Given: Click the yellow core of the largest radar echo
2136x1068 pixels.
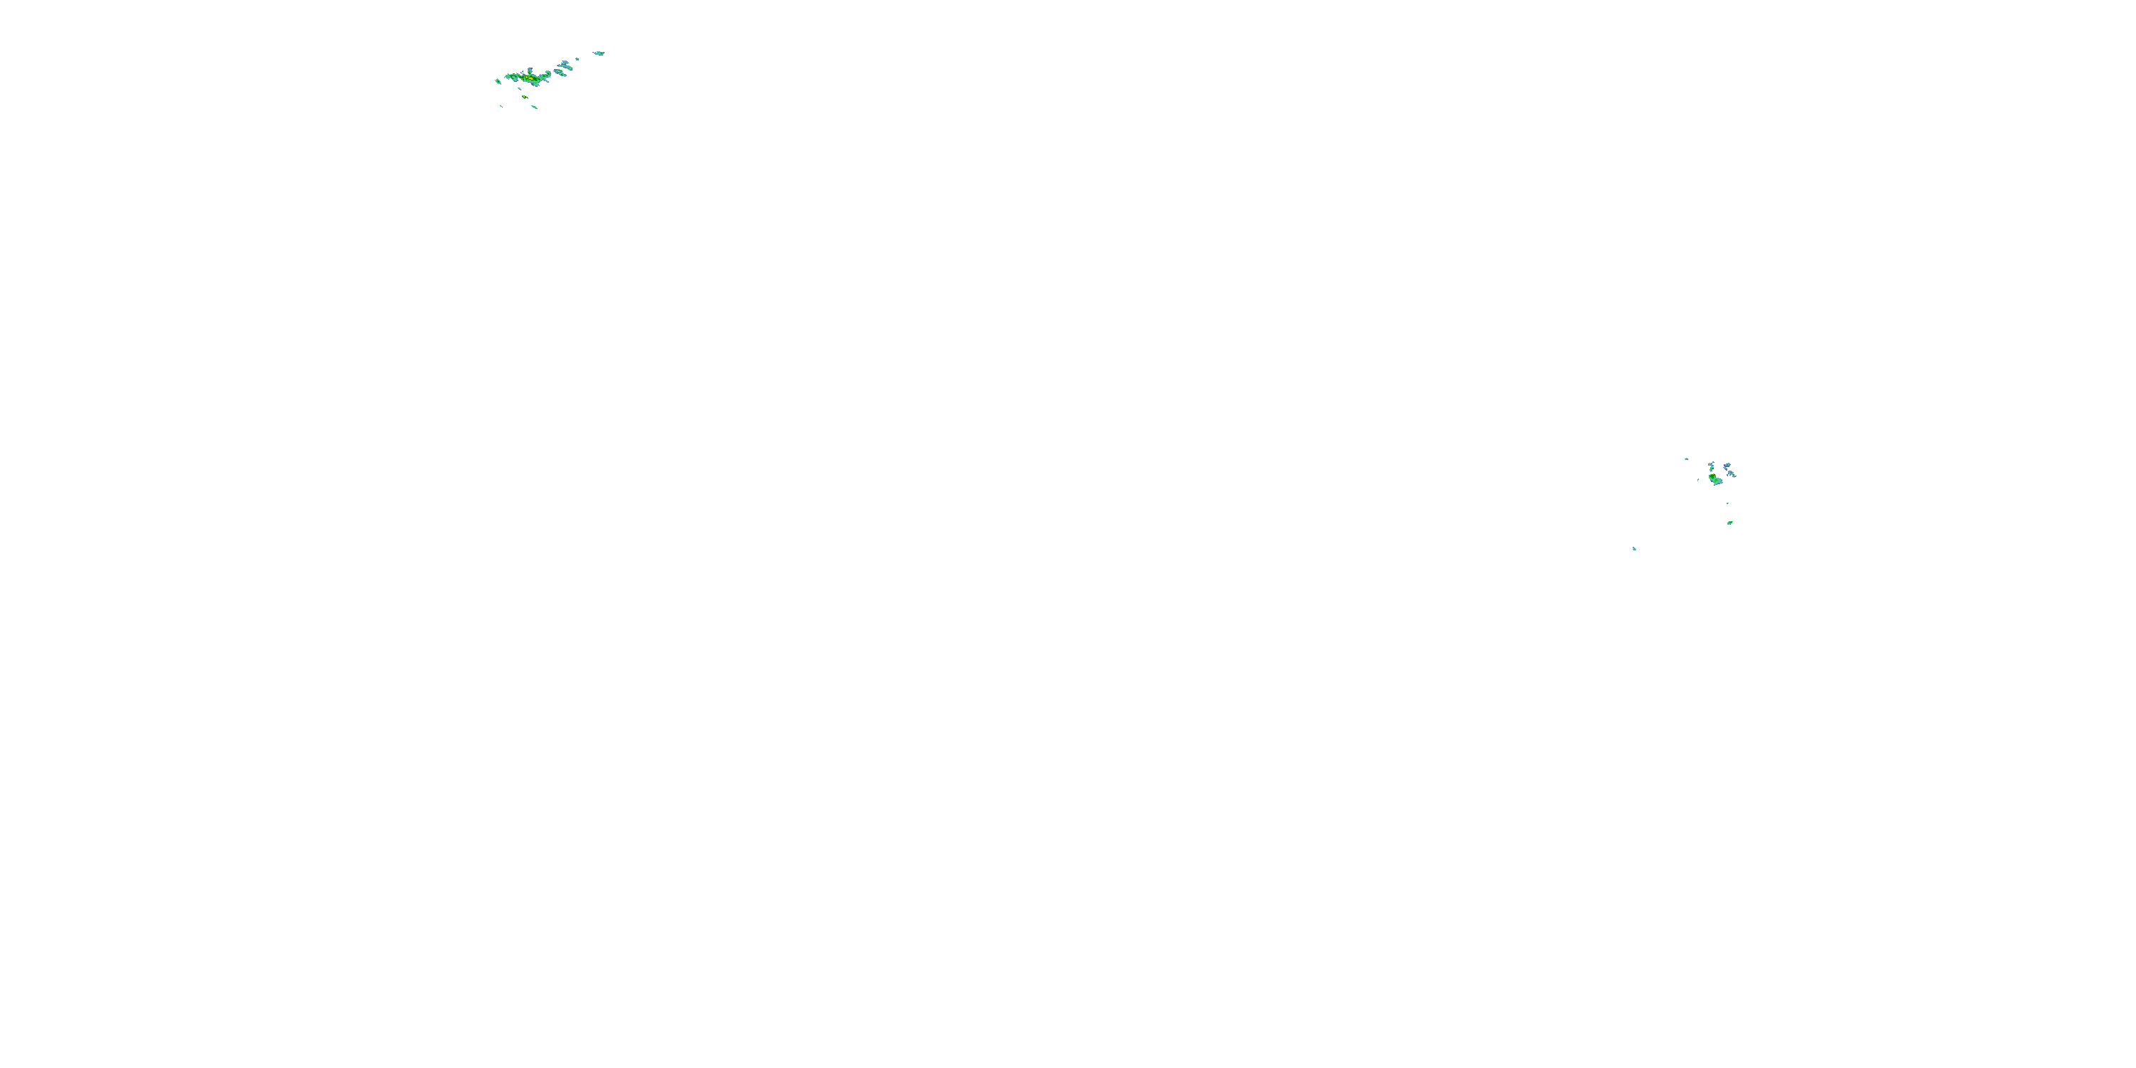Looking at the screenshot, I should tap(530, 79).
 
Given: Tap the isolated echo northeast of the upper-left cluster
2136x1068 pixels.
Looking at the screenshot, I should tap(600, 54).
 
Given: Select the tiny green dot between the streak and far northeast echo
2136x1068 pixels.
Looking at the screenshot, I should tap(578, 60).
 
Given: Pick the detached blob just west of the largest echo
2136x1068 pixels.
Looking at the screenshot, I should tap(498, 81).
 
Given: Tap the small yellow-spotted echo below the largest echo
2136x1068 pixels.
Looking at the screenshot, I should tap(525, 97).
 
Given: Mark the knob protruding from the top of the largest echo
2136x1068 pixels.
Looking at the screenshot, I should tap(530, 71).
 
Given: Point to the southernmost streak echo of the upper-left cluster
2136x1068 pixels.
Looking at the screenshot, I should tap(535, 107).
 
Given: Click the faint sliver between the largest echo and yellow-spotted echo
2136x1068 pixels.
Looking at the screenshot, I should tap(520, 89).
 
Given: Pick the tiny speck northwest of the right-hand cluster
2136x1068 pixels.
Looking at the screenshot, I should tap(1687, 459).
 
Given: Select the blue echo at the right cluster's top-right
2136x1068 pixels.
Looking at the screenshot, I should tap(1727, 465).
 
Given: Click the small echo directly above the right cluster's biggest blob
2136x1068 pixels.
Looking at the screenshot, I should tap(1712, 468).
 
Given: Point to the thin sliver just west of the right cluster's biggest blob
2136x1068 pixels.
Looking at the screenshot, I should tap(1698, 480).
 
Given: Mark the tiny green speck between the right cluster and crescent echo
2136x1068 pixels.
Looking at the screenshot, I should tap(1728, 503).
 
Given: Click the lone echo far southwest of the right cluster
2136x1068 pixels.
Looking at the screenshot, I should tap(1634, 549).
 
